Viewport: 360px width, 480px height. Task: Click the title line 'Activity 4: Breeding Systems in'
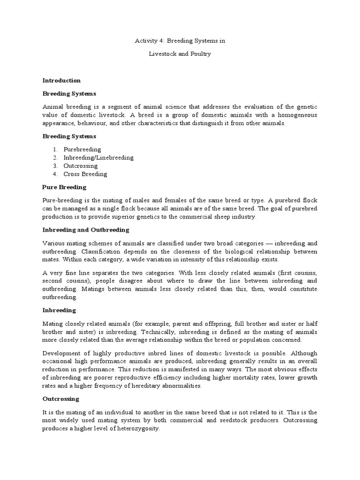point(180,41)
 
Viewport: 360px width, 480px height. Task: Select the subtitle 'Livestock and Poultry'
point(180,54)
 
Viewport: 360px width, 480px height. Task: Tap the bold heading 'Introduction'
point(61,81)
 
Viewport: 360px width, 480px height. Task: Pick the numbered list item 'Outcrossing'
point(81,166)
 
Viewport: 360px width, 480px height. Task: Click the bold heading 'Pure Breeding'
point(65,187)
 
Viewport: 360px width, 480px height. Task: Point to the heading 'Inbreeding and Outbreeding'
point(86,230)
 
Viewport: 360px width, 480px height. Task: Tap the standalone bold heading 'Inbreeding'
point(59,310)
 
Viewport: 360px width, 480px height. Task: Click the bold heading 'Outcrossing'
point(61,399)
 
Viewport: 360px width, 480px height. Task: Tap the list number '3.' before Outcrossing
point(55,166)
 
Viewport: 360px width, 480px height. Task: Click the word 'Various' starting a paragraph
point(53,243)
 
